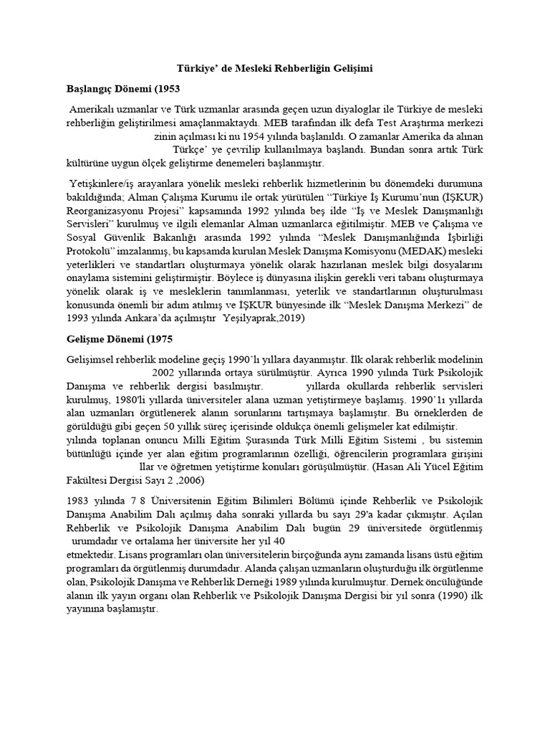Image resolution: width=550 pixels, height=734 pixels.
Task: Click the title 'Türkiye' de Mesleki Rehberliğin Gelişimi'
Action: (275, 70)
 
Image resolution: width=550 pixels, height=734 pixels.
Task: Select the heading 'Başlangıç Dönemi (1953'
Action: (122, 90)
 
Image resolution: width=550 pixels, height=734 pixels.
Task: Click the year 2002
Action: (164, 373)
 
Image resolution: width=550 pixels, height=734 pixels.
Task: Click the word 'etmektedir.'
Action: (91, 556)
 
